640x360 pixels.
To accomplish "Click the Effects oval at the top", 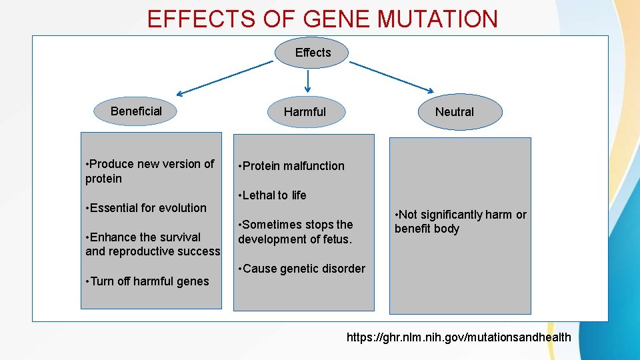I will coord(312,52).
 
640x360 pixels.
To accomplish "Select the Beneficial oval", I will coord(136,111).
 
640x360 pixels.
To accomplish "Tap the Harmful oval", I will coord(305,112).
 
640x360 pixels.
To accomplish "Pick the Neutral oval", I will coord(454,112).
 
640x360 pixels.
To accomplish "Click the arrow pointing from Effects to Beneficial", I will coord(225,78).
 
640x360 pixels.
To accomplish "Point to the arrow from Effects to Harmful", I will coord(307,80).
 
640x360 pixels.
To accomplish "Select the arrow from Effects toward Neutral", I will coord(392,77).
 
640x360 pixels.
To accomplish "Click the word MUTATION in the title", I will coord(437,19).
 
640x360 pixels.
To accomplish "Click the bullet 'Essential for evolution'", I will coord(147,208).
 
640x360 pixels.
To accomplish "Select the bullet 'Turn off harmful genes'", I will coord(148,281).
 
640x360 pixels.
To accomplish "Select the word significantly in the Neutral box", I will coord(451,215).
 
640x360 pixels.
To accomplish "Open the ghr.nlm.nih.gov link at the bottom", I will coord(459,337).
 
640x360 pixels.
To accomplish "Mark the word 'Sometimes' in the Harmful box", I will coord(269,225).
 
